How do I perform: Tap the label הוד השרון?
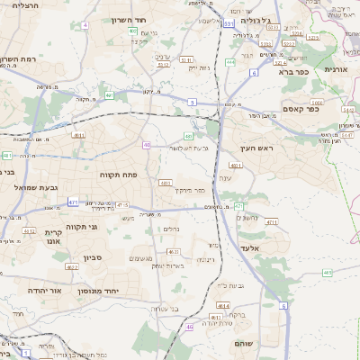[x=128, y=20]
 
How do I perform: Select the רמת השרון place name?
[x=18, y=59]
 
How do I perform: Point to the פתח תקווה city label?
[x=118, y=174]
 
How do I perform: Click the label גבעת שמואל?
[x=30, y=187]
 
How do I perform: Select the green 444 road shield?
[x=230, y=62]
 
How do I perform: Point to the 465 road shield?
[x=327, y=271]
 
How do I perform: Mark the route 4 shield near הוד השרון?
[x=85, y=25]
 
